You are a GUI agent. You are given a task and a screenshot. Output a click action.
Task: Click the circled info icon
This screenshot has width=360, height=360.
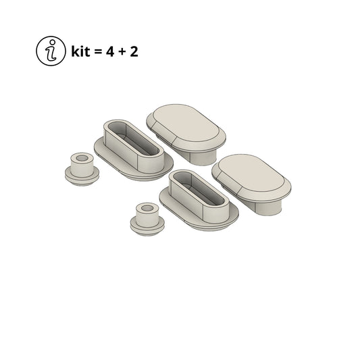pos(51,51)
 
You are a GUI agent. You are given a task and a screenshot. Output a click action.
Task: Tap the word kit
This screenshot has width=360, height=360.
pos(80,51)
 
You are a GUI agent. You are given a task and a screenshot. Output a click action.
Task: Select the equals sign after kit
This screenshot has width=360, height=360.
pos(97,52)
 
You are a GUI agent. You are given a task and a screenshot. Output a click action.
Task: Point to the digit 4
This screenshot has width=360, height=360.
pos(109,51)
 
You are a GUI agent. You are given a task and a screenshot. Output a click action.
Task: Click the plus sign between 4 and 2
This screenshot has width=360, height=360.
pos(122,52)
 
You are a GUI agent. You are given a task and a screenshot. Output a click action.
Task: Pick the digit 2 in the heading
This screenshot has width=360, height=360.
pos(134,51)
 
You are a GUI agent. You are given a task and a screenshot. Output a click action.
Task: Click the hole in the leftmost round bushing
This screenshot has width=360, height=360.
pos(82,158)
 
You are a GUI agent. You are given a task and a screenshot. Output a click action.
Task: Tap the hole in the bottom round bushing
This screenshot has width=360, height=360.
pos(147,208)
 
